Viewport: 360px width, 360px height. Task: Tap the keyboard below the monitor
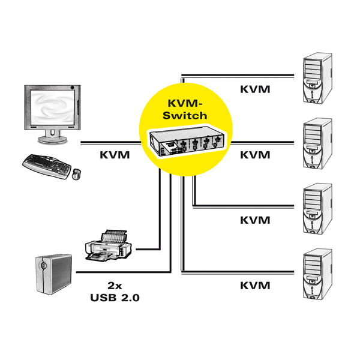coord(47,166)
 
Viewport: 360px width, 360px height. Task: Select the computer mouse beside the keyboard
coord(77,174)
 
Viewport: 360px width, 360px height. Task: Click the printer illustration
coord(109,245)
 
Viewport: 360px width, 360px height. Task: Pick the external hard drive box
coord(53,274)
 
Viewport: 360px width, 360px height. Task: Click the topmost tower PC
coord(317,78)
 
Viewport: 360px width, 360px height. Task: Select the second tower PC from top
coord(317,144)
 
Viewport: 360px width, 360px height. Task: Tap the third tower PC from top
coord(317,209)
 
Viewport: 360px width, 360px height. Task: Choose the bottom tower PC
coord(317,274)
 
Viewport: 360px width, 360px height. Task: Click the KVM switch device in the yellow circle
coord(187,141)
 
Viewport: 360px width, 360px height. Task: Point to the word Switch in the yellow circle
coord(185,115)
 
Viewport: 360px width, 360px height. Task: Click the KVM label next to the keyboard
coord(115,155)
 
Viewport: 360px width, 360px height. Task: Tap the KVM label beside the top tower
coord(255,89)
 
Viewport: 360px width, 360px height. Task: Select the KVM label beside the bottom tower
coord(255,286)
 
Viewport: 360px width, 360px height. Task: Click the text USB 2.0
coord(115,298)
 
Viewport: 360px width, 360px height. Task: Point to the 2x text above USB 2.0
coord(115,286)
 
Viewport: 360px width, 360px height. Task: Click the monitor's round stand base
coord(53,140)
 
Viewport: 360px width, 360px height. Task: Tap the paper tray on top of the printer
coord(114,236)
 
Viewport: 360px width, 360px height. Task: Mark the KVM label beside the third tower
coord(255,220)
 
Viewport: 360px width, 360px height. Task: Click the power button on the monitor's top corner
coord(73,88)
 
